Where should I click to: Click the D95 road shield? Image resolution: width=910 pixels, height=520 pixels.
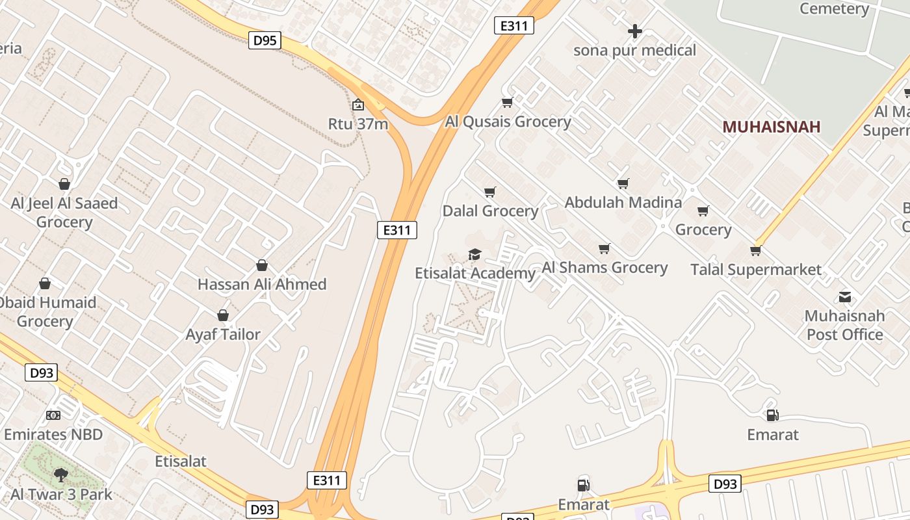[265, 40]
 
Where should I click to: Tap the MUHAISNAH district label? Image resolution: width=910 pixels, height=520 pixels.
[771, 127]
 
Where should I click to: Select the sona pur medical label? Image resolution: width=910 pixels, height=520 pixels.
[634, 50]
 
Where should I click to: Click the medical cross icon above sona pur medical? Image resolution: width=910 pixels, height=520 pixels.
[635, 31]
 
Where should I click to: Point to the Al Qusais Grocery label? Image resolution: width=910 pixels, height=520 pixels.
[508, 122]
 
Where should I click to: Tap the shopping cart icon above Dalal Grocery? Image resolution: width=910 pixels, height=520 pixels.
[490, 192]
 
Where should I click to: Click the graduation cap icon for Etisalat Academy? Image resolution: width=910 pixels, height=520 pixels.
[474, 254]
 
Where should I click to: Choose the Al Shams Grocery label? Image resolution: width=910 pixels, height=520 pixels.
[604, 267]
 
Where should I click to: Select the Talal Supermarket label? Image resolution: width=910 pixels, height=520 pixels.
[756, 269]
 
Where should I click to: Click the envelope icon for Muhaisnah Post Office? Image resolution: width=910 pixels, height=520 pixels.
[844, 297]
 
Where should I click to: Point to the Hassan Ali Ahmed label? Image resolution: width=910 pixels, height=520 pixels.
[262, 284]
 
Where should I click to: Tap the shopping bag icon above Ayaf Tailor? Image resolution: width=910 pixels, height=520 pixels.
[223, 315]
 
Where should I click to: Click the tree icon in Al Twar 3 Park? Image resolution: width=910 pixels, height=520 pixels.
[61, 475]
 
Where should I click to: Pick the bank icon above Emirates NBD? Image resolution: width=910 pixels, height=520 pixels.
[53, 415]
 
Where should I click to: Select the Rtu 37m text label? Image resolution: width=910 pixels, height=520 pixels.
[358, 123]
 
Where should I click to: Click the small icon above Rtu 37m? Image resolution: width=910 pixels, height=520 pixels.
[358, 105]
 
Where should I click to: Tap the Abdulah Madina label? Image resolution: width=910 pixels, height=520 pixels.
[623, 202]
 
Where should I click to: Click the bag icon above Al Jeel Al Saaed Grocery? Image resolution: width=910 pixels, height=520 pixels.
[64, 184]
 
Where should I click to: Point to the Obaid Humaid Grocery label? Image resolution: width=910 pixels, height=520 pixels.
[47, 311]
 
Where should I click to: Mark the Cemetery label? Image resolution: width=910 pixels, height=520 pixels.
[834, 8]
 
